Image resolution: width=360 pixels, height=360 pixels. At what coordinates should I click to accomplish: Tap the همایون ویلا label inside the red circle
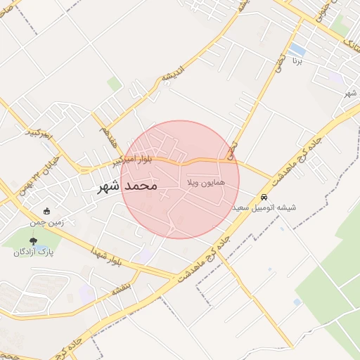coord(206,182)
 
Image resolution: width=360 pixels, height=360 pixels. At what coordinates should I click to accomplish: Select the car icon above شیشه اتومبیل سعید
coord(264,198)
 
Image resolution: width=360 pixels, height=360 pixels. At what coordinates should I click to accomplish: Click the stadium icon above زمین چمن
coord(47,211)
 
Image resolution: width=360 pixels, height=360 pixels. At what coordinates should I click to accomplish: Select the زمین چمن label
coord(46,222)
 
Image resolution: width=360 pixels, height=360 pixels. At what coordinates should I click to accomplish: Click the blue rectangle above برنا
coord(297,49)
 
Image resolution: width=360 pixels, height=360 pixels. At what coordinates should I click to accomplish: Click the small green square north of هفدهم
coord(114,84)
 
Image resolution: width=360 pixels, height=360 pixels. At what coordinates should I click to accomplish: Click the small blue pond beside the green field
coord(297,302)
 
